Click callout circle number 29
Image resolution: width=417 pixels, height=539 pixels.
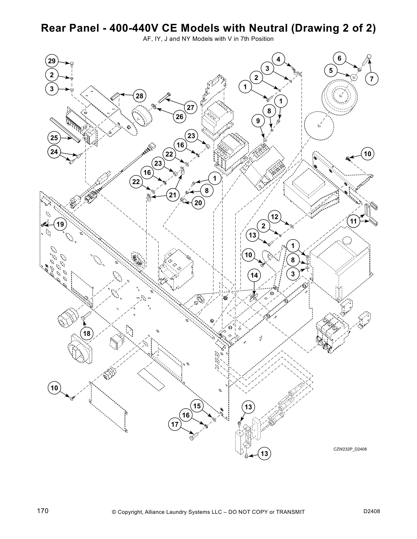(x=51, y=61)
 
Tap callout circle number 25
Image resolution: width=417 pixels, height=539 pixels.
(x=54, y=138)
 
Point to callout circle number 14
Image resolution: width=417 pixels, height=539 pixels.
(x=254, y=275)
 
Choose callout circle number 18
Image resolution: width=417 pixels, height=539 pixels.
(x=87, y=333)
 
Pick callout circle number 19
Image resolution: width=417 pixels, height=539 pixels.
(x=60, y=224)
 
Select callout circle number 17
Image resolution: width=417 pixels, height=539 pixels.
(x=175, y=424)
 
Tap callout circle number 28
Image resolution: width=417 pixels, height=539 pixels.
(x=140, y=96)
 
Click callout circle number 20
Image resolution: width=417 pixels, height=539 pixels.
(x=198, y=203)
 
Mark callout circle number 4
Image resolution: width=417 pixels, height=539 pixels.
(x=278, y=59)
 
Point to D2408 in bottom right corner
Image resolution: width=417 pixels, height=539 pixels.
(x=371, y=511)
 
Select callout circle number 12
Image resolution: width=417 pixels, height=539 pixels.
(x=275, y=217)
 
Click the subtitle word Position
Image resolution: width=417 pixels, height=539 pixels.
(x=263, y=39)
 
